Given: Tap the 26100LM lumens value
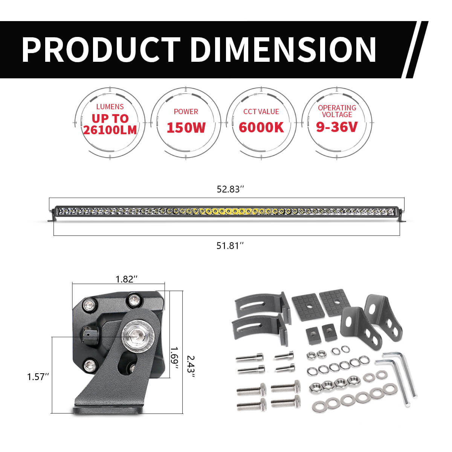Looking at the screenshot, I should pyautogui.click(x=110, y=130).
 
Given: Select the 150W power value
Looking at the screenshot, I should pyautogui.click(x=186, y=128).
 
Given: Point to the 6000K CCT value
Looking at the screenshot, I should pyautogui.click(x=261, y=128).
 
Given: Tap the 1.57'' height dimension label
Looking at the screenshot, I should pyautogui.click(x=38, y=377).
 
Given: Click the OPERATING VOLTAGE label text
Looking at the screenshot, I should pyautogui.click(x=337, y=111).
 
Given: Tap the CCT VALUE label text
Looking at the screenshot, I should pyautogui.click(x=261, y=112).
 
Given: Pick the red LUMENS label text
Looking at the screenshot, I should pyautogui.click(x=110, y=107).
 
